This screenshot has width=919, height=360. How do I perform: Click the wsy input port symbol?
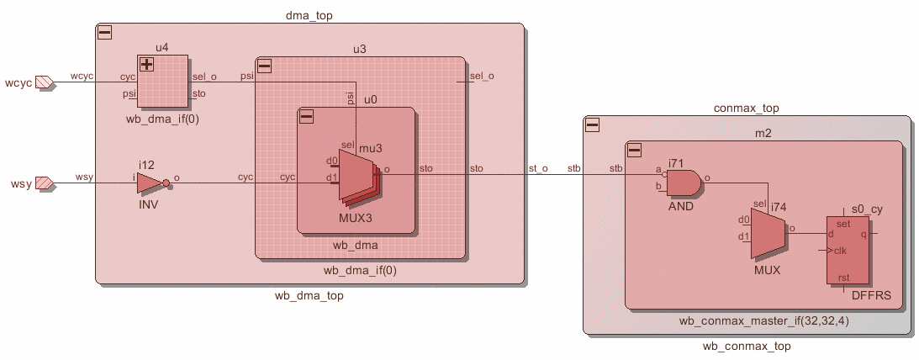(45, 183)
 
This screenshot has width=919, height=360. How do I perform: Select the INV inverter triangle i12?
(151, 183)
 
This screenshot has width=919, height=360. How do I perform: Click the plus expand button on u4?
(146, 64)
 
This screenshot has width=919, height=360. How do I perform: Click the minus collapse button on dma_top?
(104, 33)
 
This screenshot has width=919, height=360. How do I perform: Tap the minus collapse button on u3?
(264, 66)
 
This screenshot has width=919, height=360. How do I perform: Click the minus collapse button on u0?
(306, 116)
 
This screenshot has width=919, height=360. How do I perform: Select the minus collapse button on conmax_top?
(592, 124)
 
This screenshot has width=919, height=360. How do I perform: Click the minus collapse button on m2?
(633, 150)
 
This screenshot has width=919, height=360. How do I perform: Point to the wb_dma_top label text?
(309, 296)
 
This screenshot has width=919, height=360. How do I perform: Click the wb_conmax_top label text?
(747, 347)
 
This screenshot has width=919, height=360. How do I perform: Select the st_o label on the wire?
(538, 169)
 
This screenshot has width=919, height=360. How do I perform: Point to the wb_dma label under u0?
(357, 246)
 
